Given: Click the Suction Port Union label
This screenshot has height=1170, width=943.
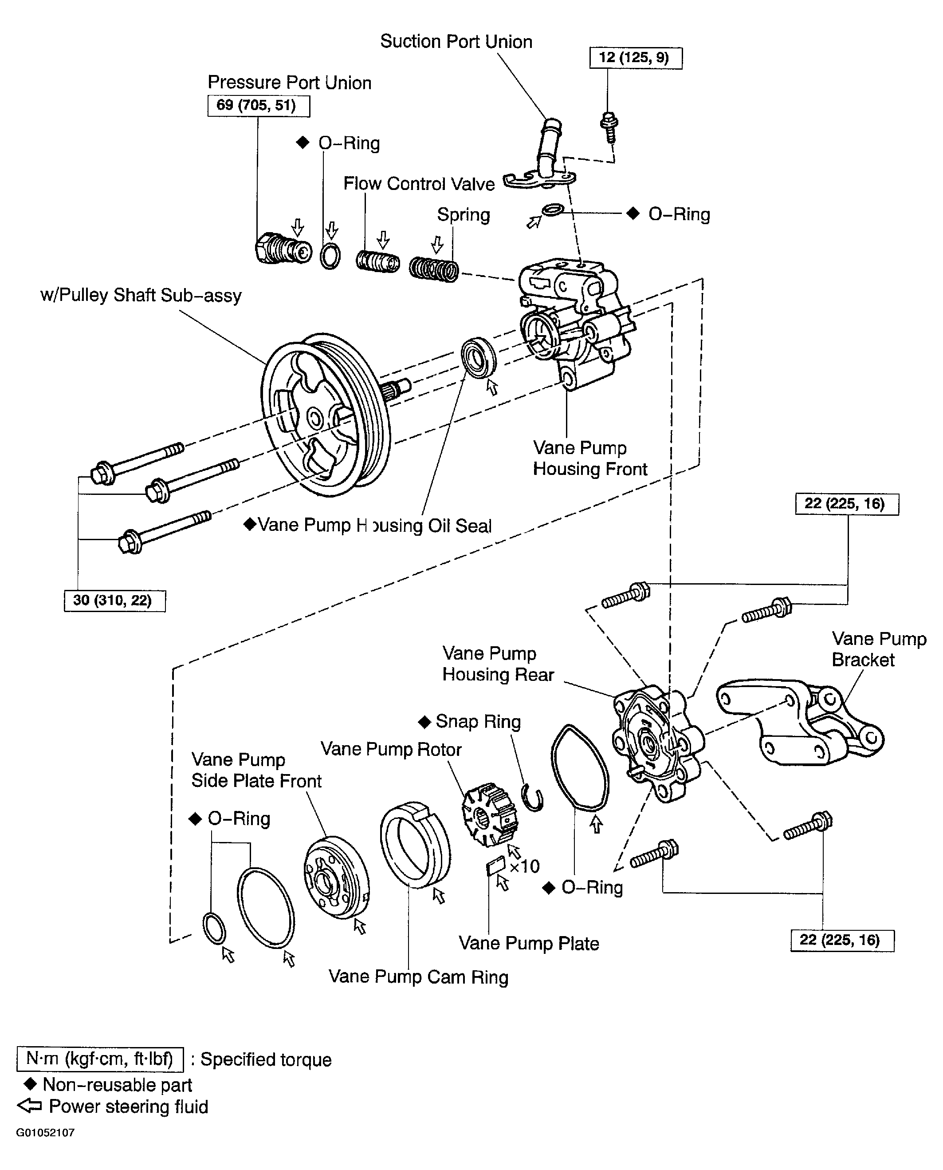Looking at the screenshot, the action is point(456,41).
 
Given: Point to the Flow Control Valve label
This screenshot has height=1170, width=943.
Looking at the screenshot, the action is point(419,184).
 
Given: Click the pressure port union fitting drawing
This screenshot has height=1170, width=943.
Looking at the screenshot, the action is point(283,249).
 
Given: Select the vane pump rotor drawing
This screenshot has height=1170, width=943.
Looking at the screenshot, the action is point(489,814).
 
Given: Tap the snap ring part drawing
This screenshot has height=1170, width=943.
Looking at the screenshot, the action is point(532,797).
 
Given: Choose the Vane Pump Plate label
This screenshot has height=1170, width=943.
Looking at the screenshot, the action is point(529,943).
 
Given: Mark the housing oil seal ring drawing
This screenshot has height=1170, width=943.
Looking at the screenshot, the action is point(479,357).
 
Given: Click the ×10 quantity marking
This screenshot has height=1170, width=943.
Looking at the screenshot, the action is point(525,866).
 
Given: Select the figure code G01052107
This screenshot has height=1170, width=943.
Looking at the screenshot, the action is point(45,1133).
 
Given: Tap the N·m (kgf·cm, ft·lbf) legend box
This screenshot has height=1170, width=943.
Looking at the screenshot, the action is point(100,1059).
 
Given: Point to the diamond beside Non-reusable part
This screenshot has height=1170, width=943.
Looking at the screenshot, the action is point(30,1084).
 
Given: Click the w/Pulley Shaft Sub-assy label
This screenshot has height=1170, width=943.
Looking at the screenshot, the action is point(141,296).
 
